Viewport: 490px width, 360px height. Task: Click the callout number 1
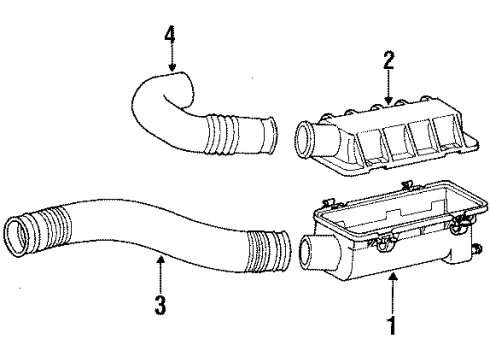tap(391, 325)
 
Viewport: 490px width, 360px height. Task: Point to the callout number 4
tap(170, 42)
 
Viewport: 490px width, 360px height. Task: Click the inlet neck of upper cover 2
tap(310, 137)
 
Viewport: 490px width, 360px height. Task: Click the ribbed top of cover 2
tap(390, 125)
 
